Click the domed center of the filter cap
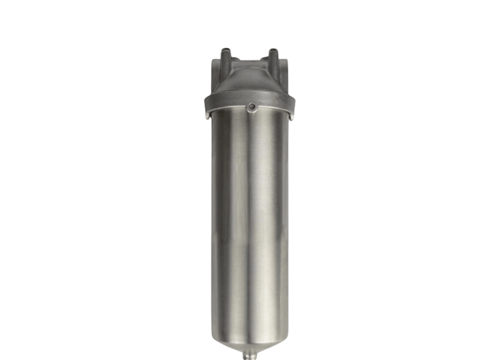[x=249, y=81]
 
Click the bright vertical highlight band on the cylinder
[x=259, y=225]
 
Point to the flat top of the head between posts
[x=249, y=62]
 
